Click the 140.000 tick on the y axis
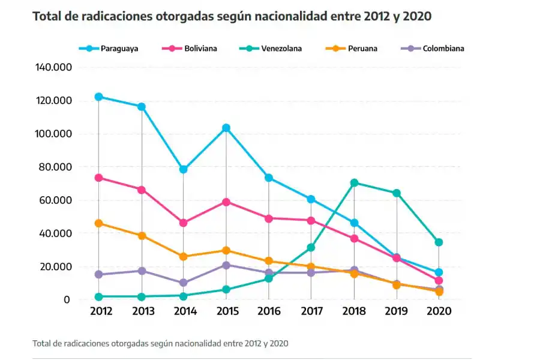(x=54, y=67)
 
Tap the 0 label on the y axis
(x=67, y=299)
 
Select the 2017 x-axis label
(x=311, y=311)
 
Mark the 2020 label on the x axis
(x=439, y=311)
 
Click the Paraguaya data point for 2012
(x=98, y=97)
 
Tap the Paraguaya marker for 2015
(x=226, y=128)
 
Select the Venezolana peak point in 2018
(x=354, y=182)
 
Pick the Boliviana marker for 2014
(x=184, y=223)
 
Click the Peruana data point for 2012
(x=98, y=223)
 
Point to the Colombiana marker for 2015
(x=226, y=265)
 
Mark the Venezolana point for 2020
(x=439, y=242)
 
